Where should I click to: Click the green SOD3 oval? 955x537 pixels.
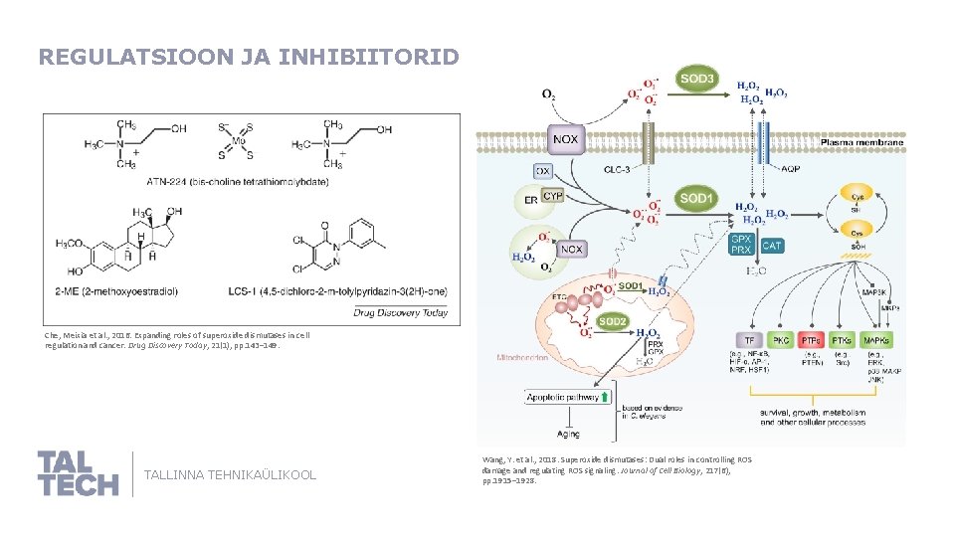(x=697, y=78)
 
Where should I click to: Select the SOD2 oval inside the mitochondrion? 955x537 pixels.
(x=613, y=321)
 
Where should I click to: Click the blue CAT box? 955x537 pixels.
(x=772, y=245)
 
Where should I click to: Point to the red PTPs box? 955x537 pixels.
(x=811, y=341)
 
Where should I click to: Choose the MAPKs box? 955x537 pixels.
(x=875, y=341)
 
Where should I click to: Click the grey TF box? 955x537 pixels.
(x=748, y=341)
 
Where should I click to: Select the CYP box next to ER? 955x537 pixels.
(x=553, y=197)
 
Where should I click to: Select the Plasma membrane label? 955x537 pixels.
(x=861, y=142)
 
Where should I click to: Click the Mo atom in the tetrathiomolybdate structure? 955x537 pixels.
(x=235, y=142)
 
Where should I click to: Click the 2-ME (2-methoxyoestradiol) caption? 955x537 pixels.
(x=132, y=290)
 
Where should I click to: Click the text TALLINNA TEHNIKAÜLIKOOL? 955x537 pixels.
(x=231, y=475)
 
